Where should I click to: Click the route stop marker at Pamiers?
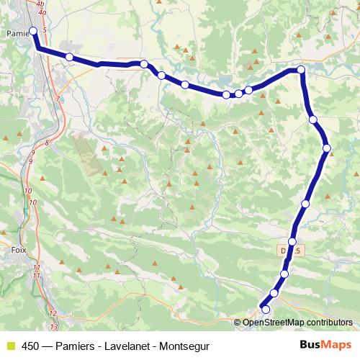pyautogui.click(x=33, y=30)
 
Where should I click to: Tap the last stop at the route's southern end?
pyautogui.click(x=266, y=310)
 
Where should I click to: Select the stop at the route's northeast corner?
pyautogui.click(x=301, y=70)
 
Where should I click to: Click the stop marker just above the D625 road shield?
pyautogui.click(x=292, y=242)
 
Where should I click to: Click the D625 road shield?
pyautogui.click(x=290, y=250)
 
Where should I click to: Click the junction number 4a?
pyautogui.click(x=42, y=12)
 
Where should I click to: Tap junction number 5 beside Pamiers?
pyautogui.click(x=45, y=30)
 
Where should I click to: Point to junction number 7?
pyautogui.click(x=57, y=99)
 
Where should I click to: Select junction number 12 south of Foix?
pyautogui.click(x=52, y=313)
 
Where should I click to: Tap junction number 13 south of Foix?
pyautogui.click(x=53, y=326)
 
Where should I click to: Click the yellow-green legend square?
pyautogui.click(x=10, y=346)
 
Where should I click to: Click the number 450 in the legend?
pyautogui.click(x=31, y=346)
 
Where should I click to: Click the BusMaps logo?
pyautogui.click(x=326, y=345)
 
